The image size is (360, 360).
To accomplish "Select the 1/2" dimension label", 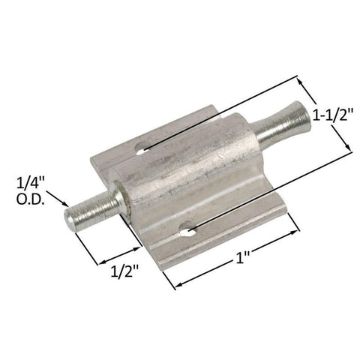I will [124, 270].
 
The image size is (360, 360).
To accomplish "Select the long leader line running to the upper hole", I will [225, 112].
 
